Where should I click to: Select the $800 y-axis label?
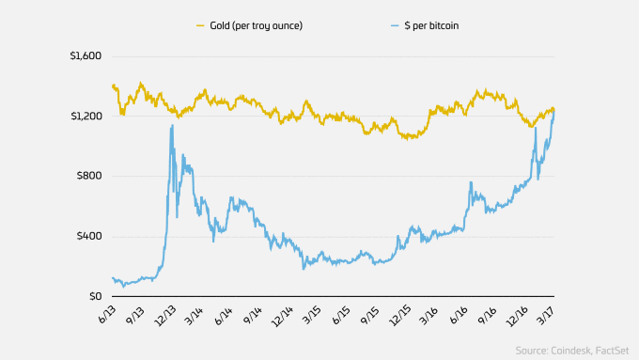pos(86,176)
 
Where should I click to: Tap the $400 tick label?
pos(86,236)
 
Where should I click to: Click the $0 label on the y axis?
pos(92,296)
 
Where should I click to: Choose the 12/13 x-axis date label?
pos(168,315)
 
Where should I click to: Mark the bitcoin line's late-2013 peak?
pos(171,126)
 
